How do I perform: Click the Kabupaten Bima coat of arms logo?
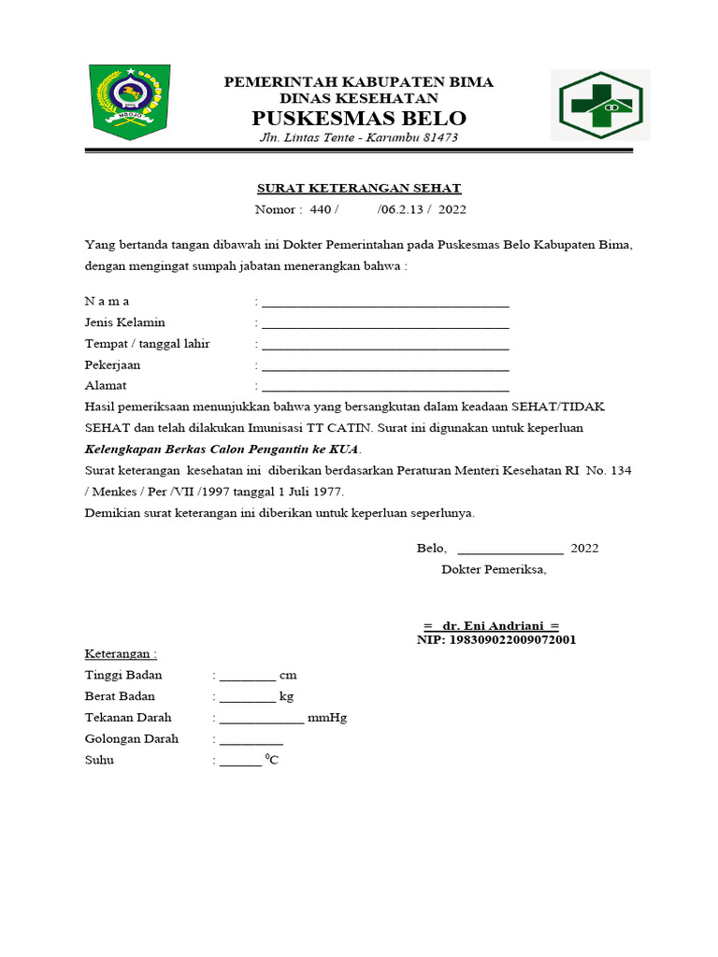point(130,102)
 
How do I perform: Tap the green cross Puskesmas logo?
point(600,105)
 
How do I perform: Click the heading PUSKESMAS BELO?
point(359,119)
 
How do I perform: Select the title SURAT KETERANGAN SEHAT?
point(360,188)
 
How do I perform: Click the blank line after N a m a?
point(385,304)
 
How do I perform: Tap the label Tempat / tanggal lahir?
point(148,344)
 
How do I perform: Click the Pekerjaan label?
point(112,364)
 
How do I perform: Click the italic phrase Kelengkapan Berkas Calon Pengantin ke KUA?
point(222,449)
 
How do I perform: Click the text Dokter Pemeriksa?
point(494,569)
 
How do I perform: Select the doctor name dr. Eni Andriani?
point(491,625)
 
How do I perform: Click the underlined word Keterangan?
point(120,653)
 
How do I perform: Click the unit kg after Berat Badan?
point(286,696)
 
